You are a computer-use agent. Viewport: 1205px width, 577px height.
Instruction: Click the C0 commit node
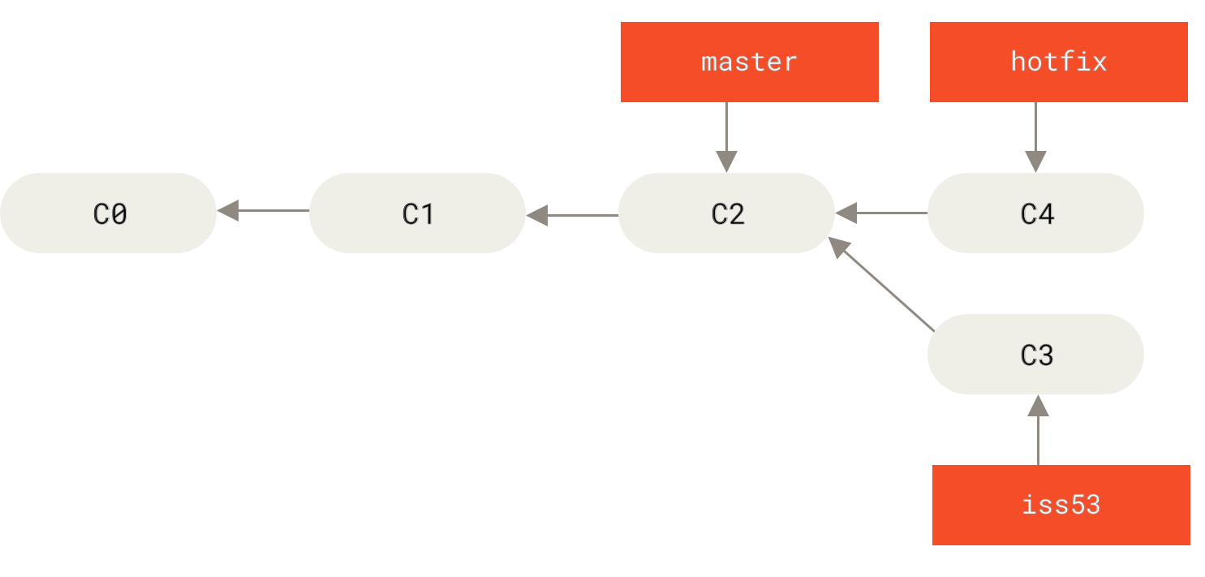[108, 213]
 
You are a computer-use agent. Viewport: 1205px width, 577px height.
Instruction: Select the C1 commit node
[417, 213]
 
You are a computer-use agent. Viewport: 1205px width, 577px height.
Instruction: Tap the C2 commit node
[726, 213]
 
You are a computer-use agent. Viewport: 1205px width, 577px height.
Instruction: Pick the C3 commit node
[1035, 355]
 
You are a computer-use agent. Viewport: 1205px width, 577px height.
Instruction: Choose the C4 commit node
[1035, 213]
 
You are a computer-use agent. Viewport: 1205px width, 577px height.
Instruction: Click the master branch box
[749, 62]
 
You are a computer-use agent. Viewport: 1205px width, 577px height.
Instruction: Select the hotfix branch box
[1058, 62]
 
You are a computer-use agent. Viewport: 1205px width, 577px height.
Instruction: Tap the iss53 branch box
[1061, 505]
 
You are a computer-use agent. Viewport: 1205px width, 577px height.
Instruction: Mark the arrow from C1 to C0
[263, 211]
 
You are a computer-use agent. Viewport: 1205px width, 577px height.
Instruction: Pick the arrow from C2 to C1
[572, 215]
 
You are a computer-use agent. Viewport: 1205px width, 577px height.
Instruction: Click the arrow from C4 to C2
[881, 213]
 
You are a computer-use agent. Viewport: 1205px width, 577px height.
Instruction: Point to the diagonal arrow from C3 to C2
[881, 284]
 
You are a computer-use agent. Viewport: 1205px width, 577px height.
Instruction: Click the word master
[749, 62]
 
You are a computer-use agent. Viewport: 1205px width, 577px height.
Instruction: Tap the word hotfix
[1058, 62]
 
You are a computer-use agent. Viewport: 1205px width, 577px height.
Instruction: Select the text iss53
[1061, 505]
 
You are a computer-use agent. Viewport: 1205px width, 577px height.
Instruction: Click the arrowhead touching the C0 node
[228, 211]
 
